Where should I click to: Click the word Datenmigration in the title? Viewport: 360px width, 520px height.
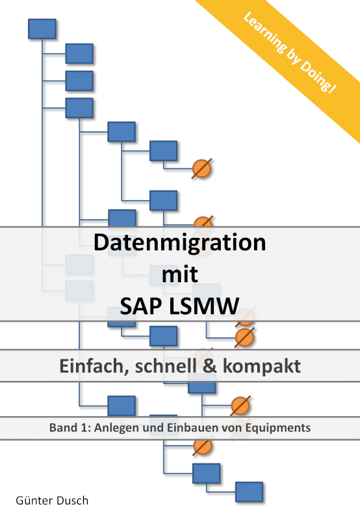click(179, 242)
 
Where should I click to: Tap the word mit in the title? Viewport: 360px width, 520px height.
click(179, 274)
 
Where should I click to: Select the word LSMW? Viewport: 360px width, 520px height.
click(204, 306)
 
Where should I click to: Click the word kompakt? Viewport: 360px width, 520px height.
click(262, 366)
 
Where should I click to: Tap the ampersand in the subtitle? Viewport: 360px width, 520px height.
click(209, 366)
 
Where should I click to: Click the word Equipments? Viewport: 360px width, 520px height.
click(277, 428)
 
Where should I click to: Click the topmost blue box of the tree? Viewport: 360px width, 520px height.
click(42, 29)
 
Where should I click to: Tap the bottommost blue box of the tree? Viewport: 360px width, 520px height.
click(250, 492)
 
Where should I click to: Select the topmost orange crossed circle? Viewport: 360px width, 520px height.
click(201, 168)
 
